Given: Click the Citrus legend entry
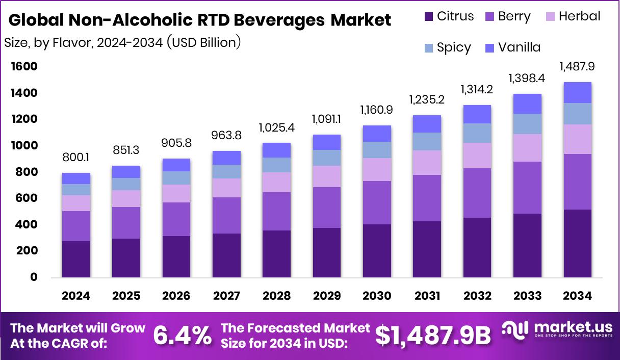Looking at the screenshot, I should pyautogui.click(x=448, y=16).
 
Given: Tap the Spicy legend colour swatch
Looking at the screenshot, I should pyautogui.click(x=429, y=48).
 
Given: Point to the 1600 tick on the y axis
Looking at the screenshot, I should pyautogui.click(x=23, y=67).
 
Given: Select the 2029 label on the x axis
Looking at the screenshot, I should pyautogui.click(x=327, y=296).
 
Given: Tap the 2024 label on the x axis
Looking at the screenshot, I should pyautogui.click(x=76, y=296).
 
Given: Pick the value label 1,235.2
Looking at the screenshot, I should pyautogui.click(x=427, y=99).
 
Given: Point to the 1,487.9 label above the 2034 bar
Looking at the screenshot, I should pyautogui.click(x=577, y=66).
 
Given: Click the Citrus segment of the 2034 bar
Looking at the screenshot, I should pyautogui.click(x=577, y=243).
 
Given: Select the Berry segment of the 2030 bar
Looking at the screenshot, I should pyautogui.click(x=377, y=202).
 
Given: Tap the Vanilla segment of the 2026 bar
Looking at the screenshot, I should pyautogui.click(x=176, y=165).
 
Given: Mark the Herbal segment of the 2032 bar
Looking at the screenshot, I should pyautogui.click(x=477, y=156).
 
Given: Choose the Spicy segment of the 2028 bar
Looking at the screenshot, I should pyautogui.click(x=276, y=165).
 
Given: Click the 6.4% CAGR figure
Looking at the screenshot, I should pyautogui.click(x=183, y=336).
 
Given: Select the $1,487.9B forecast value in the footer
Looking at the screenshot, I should pyautogui.click(x=433, y=336).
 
